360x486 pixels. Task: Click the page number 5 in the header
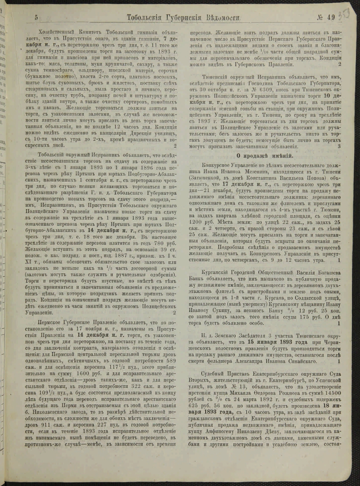(36, 18)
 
